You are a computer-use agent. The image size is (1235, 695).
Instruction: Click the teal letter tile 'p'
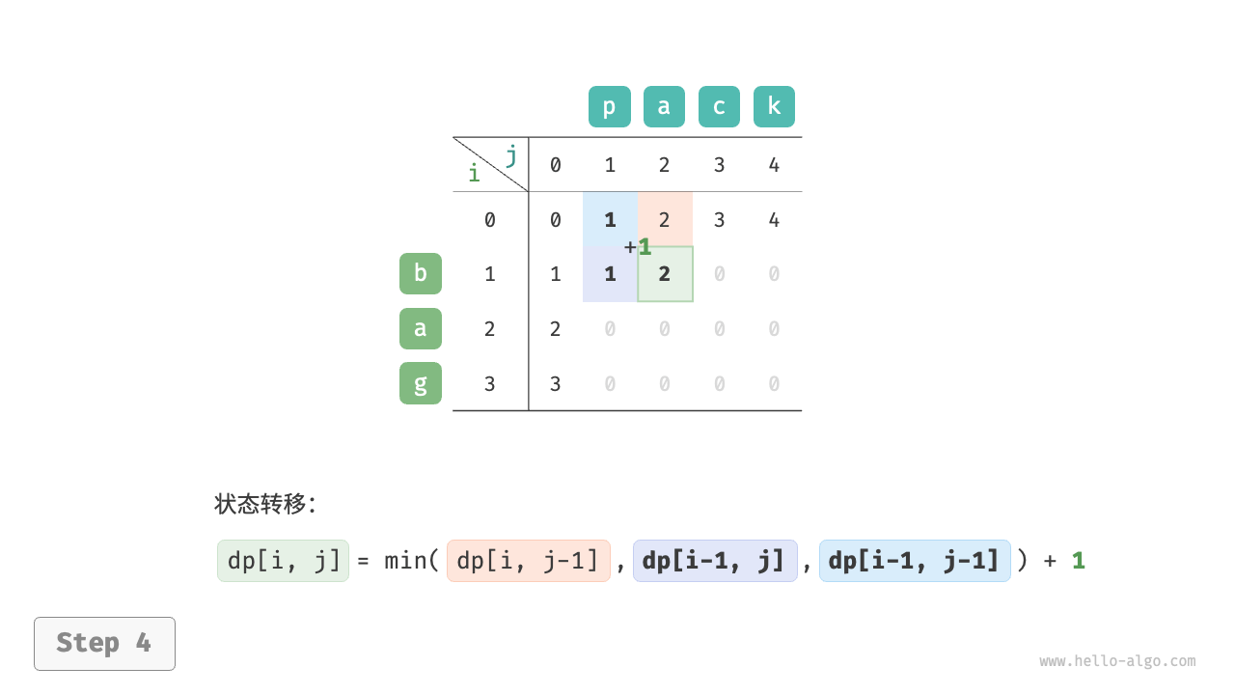click(x=609, y=107)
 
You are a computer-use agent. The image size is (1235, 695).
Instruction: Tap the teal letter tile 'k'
click(x=774, y=107)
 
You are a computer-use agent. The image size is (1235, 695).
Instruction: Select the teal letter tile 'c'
click(x=719, y=107)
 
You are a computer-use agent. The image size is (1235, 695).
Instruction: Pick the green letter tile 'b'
click(x=421, y=273)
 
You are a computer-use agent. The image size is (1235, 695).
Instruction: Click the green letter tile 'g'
click(x=421, y=383)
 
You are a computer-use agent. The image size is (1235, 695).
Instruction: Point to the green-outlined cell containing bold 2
click(x=665, y=274)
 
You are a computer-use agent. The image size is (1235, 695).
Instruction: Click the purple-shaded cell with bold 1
click(x=610, y=274)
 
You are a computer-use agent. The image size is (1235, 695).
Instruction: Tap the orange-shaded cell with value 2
click(x=665, y=219)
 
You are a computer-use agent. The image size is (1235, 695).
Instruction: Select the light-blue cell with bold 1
click(x=610, y=219)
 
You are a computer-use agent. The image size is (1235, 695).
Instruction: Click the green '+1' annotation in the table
click(x=638, y=247)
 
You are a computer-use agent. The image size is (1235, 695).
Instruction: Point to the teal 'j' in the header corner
click(x=510, y=154)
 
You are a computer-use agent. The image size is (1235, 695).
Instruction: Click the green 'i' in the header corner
click(x=474, y=174)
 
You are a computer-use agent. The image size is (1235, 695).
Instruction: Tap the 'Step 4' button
click(x=104, y=643)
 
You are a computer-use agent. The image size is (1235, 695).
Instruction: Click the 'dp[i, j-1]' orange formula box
click(x=529, y=561)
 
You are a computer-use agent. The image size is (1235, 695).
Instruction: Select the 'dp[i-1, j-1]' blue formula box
click(x=915, y=561)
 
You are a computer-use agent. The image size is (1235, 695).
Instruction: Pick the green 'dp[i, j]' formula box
click(x=283, y=561)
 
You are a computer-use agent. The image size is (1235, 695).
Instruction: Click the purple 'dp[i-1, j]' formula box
click(x=715, y=561)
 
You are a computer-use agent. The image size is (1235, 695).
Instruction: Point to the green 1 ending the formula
click(x=1079, y=561)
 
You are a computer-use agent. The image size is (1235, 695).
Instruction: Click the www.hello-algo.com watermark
click(x=1117, y=661)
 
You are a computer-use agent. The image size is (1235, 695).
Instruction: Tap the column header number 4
click(x=774, y=165)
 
